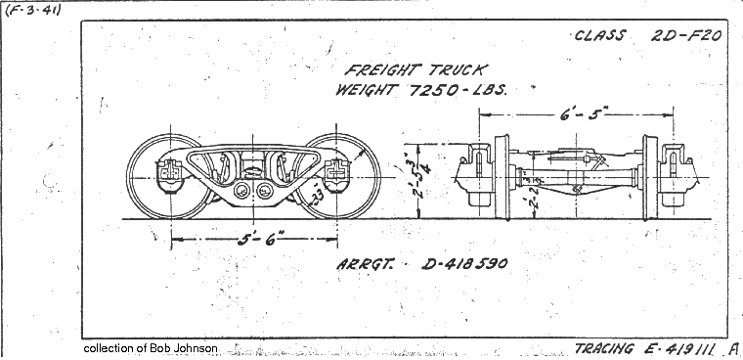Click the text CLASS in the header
(600, 36)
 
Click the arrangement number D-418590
(465, 263)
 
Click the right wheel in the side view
(337, 176)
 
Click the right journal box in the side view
(337, 174)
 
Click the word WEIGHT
(360, 90)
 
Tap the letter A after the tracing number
(733, 347)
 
